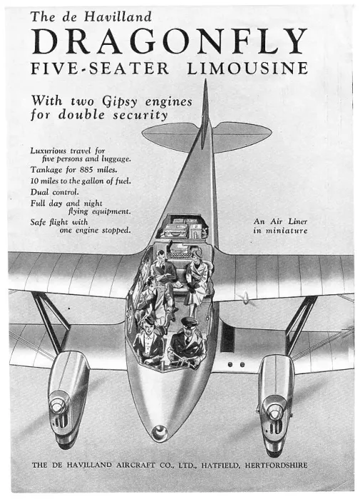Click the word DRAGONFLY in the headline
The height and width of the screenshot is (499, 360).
[x=170, y=41]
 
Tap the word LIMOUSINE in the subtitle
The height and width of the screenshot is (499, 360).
[x=247, y=68]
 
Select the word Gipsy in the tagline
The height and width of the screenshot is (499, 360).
[x=120, y=102]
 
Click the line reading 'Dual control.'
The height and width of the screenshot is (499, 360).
[x=54, y=192]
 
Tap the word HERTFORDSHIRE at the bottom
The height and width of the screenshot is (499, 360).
[x=276, y=465]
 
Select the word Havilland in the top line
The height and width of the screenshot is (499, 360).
[x=118, y=16]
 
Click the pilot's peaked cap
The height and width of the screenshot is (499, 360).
[x=190, y=323]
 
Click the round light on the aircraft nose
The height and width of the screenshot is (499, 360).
[x=159, y=433]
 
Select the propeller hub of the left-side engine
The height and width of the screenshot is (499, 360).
[x=57, y=406]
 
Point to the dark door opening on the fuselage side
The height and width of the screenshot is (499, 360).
[x=227, y=338]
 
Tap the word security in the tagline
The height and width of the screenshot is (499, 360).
[x=140, y=115]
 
